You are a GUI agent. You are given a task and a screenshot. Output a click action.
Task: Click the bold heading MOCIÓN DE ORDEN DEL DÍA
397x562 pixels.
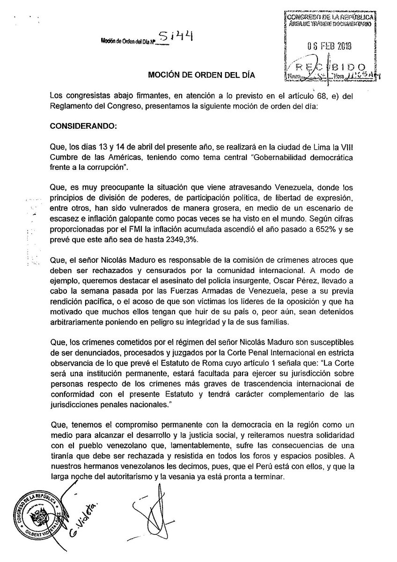point(203,74)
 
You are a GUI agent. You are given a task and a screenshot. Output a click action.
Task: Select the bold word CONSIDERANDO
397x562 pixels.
point(82,126)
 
